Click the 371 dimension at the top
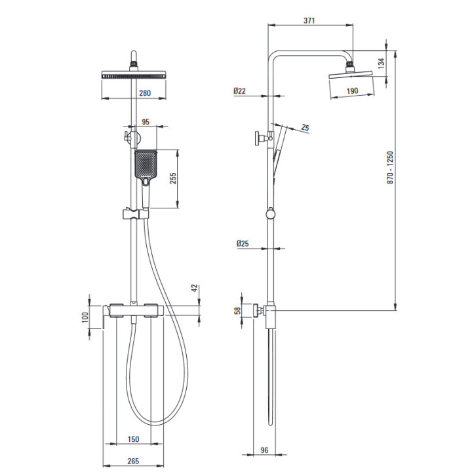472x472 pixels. pos(309,20)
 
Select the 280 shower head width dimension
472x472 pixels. pos(145,93)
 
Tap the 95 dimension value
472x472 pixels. pos(146,122)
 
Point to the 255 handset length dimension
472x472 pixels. pos(173,178)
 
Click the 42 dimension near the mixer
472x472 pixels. pos(195,288)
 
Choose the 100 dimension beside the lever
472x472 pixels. pos(85,317)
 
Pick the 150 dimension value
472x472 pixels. pos(133,439)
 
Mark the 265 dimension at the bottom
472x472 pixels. pos(133,461)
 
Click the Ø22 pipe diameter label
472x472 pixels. pos(240,90)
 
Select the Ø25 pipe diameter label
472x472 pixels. pos(243,243)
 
